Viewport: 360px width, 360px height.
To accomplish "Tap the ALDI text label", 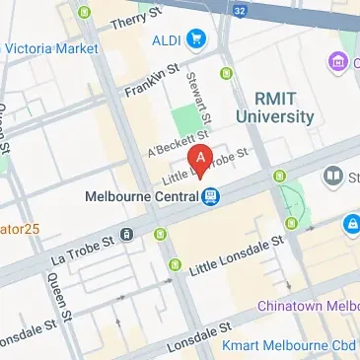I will pyautogui.click(x=166, y=40).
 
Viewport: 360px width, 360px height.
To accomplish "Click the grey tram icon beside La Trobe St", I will pyautogui.click(x=127, y=234).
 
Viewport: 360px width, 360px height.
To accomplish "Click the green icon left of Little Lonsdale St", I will pyautogui.click(x=177, y=263).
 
